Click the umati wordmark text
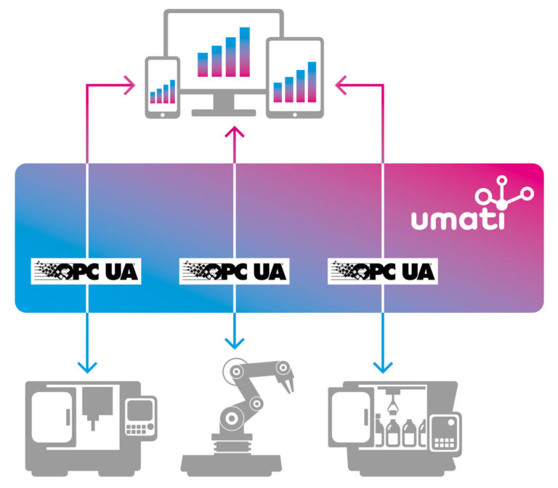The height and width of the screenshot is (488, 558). pos(457,219)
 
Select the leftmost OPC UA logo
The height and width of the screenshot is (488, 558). pos(85,272)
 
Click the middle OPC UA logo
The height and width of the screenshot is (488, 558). pos(234,272)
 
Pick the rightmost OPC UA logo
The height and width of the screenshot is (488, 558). pos(384,272)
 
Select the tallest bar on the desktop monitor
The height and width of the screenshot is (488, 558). pos(245,52)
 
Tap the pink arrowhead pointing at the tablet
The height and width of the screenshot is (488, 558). pos(342,86)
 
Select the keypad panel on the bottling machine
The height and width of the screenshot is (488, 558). pos(444,431)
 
